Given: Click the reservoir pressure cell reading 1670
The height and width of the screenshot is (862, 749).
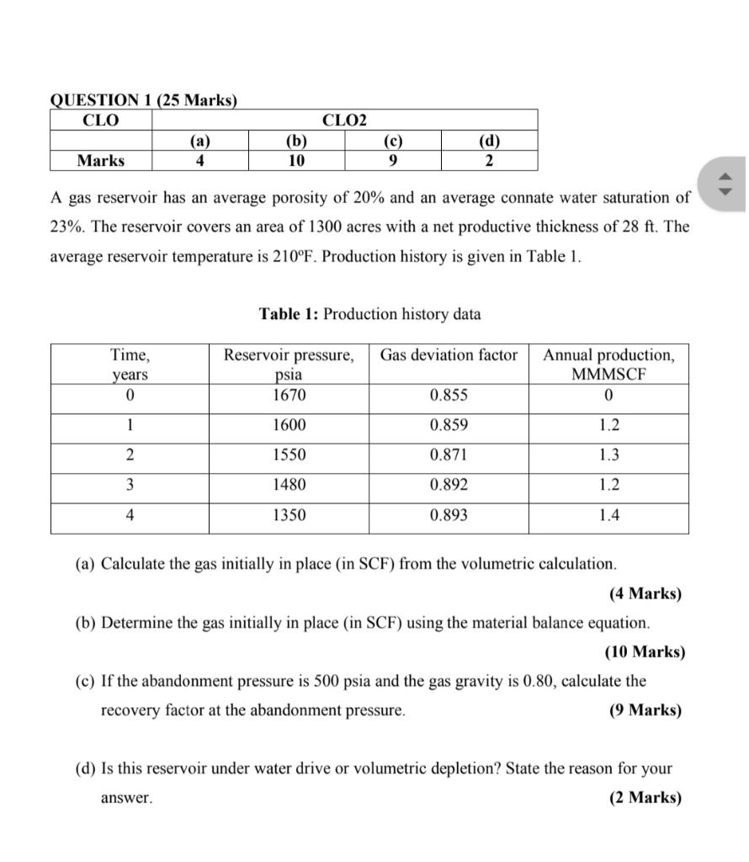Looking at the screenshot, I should pos(289,396).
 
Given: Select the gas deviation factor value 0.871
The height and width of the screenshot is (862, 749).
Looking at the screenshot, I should pos(449,455).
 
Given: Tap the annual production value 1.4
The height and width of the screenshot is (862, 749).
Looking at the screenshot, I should pos(608,515).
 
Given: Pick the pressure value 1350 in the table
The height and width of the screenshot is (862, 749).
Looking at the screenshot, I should pos(289,515).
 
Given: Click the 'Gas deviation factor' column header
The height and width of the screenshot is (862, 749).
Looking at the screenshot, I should pos(449,355).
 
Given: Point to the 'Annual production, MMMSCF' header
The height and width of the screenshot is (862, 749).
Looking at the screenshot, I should pos(608,364).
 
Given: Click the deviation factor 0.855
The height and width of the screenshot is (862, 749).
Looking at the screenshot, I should pos(449,396).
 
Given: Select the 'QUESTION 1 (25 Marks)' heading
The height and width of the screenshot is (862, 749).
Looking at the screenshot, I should pos(144,100).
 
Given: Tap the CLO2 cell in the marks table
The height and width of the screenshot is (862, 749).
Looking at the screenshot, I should pos(344,120).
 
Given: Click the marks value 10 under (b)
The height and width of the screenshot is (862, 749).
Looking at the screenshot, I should pos(296,161).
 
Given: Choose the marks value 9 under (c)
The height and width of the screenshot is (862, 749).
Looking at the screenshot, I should pos(393,161).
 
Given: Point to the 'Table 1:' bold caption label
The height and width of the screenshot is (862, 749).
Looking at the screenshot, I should pos(289,315).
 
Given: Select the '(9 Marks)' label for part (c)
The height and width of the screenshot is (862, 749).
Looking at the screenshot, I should pos(645,710).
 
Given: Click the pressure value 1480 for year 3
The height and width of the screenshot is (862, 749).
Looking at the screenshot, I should pos(289,486).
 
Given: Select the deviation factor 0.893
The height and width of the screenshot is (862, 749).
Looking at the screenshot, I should pos(449,515).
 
